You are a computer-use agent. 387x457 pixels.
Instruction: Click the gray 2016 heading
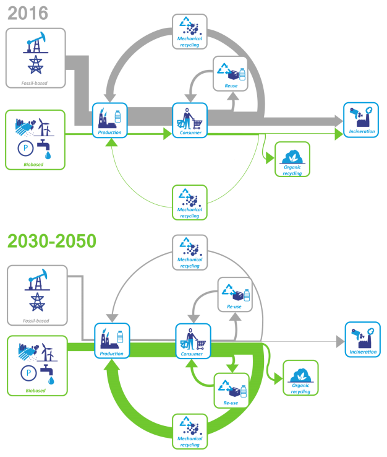click(28, 12)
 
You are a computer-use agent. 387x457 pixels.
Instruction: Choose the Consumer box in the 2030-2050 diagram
click(193, 341)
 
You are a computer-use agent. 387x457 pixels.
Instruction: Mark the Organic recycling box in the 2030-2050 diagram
click(300, 378)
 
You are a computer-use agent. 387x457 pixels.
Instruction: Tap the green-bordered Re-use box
click(231, 390)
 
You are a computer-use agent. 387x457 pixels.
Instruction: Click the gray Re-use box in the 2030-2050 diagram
click(234, 294)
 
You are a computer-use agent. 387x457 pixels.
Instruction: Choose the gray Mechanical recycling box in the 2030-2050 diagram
click(190, 252)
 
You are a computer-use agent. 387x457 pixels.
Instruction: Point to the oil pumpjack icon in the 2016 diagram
click(35, 41)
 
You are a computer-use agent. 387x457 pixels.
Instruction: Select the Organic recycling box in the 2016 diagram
click(292, 160)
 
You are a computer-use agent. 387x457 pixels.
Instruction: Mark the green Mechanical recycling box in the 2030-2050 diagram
click(190, 431)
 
